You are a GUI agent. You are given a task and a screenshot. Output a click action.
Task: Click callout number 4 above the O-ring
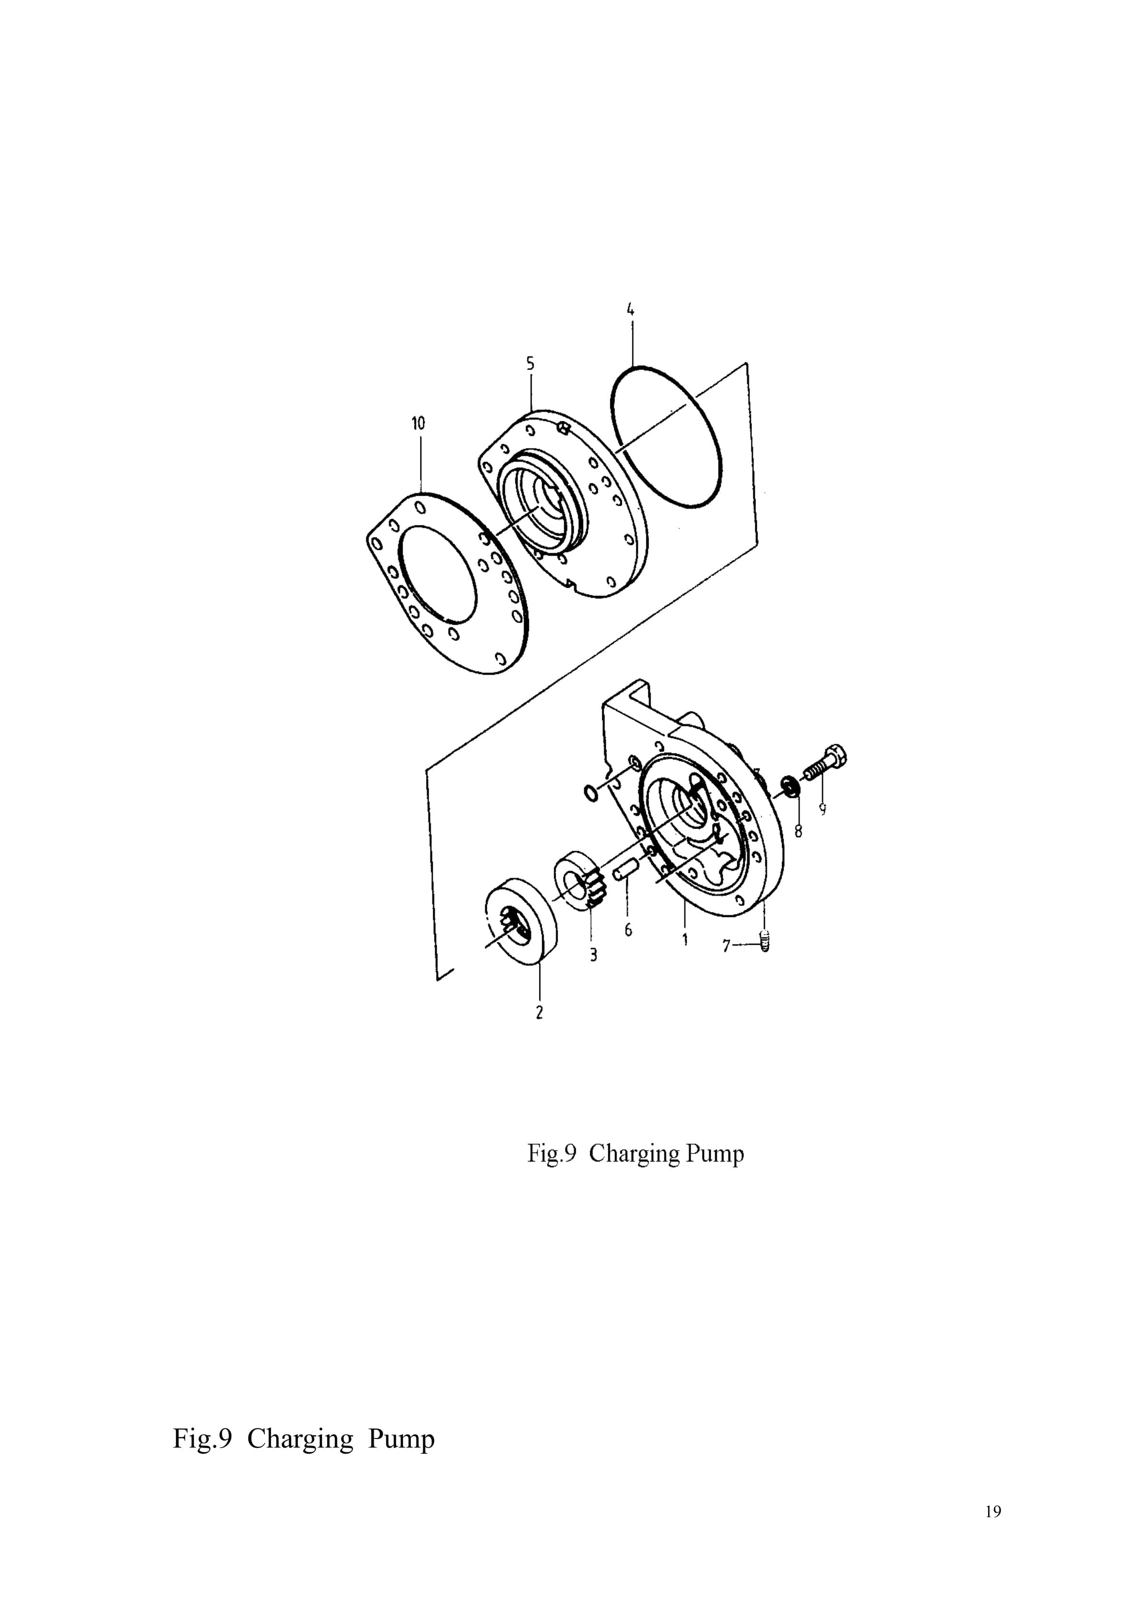(631, 309)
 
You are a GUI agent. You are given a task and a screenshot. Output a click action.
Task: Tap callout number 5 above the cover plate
(530, 363)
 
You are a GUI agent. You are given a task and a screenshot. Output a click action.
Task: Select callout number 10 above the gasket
(418, 423)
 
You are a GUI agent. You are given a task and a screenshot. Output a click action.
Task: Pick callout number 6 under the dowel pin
(628, 930)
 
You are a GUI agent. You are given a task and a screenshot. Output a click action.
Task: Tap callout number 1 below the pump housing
(685, 939)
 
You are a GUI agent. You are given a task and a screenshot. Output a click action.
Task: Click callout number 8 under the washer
(798, 831)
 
